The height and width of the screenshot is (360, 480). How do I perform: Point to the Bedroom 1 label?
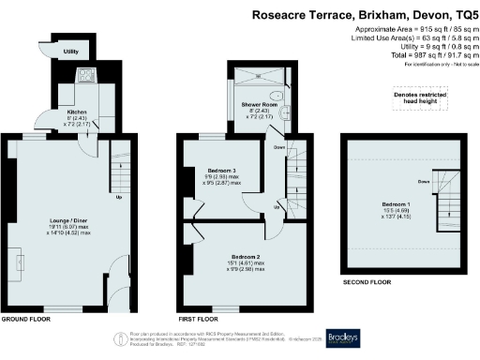tap(394, 207)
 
